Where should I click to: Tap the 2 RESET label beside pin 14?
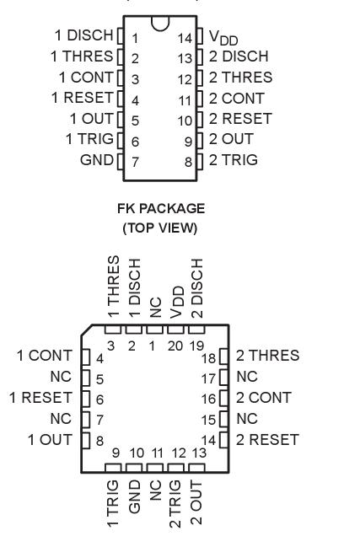pos(267,438)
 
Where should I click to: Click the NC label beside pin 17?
pos(247,376)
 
